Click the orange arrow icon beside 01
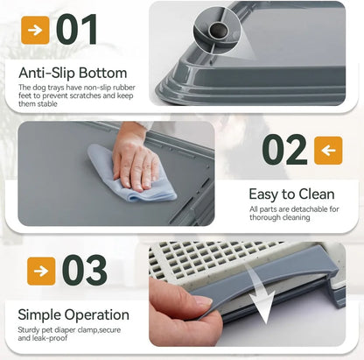coord(35,30)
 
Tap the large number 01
coord(76,30)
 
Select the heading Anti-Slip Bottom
coord(73,73)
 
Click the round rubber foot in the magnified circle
coord(218,30)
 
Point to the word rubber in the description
coord(124,88)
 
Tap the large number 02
coord(284,150)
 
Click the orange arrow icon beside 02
coord(328,151)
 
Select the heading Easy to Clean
coord(291,194)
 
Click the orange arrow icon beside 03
coord(41,272)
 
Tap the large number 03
coord(85,271)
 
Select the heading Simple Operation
coord(73,314)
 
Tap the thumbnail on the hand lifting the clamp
coord(203,300)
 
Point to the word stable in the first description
coord(47,103)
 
